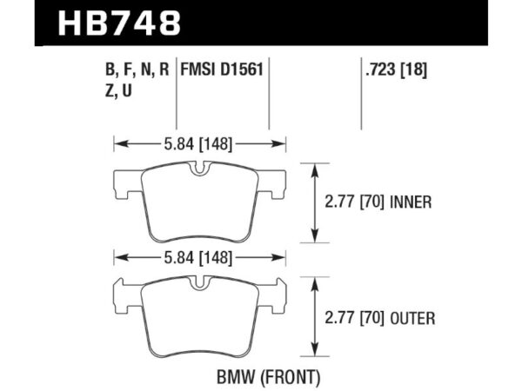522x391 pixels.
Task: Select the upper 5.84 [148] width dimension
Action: click(201, 144)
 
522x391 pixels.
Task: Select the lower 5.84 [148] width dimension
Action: click(201, 258)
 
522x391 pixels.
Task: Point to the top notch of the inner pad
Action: click(201, 168)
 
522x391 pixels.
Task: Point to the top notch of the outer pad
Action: click(201, 282)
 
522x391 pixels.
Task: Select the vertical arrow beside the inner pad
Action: click(314, 202)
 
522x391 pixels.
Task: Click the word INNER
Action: click(412, 202)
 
